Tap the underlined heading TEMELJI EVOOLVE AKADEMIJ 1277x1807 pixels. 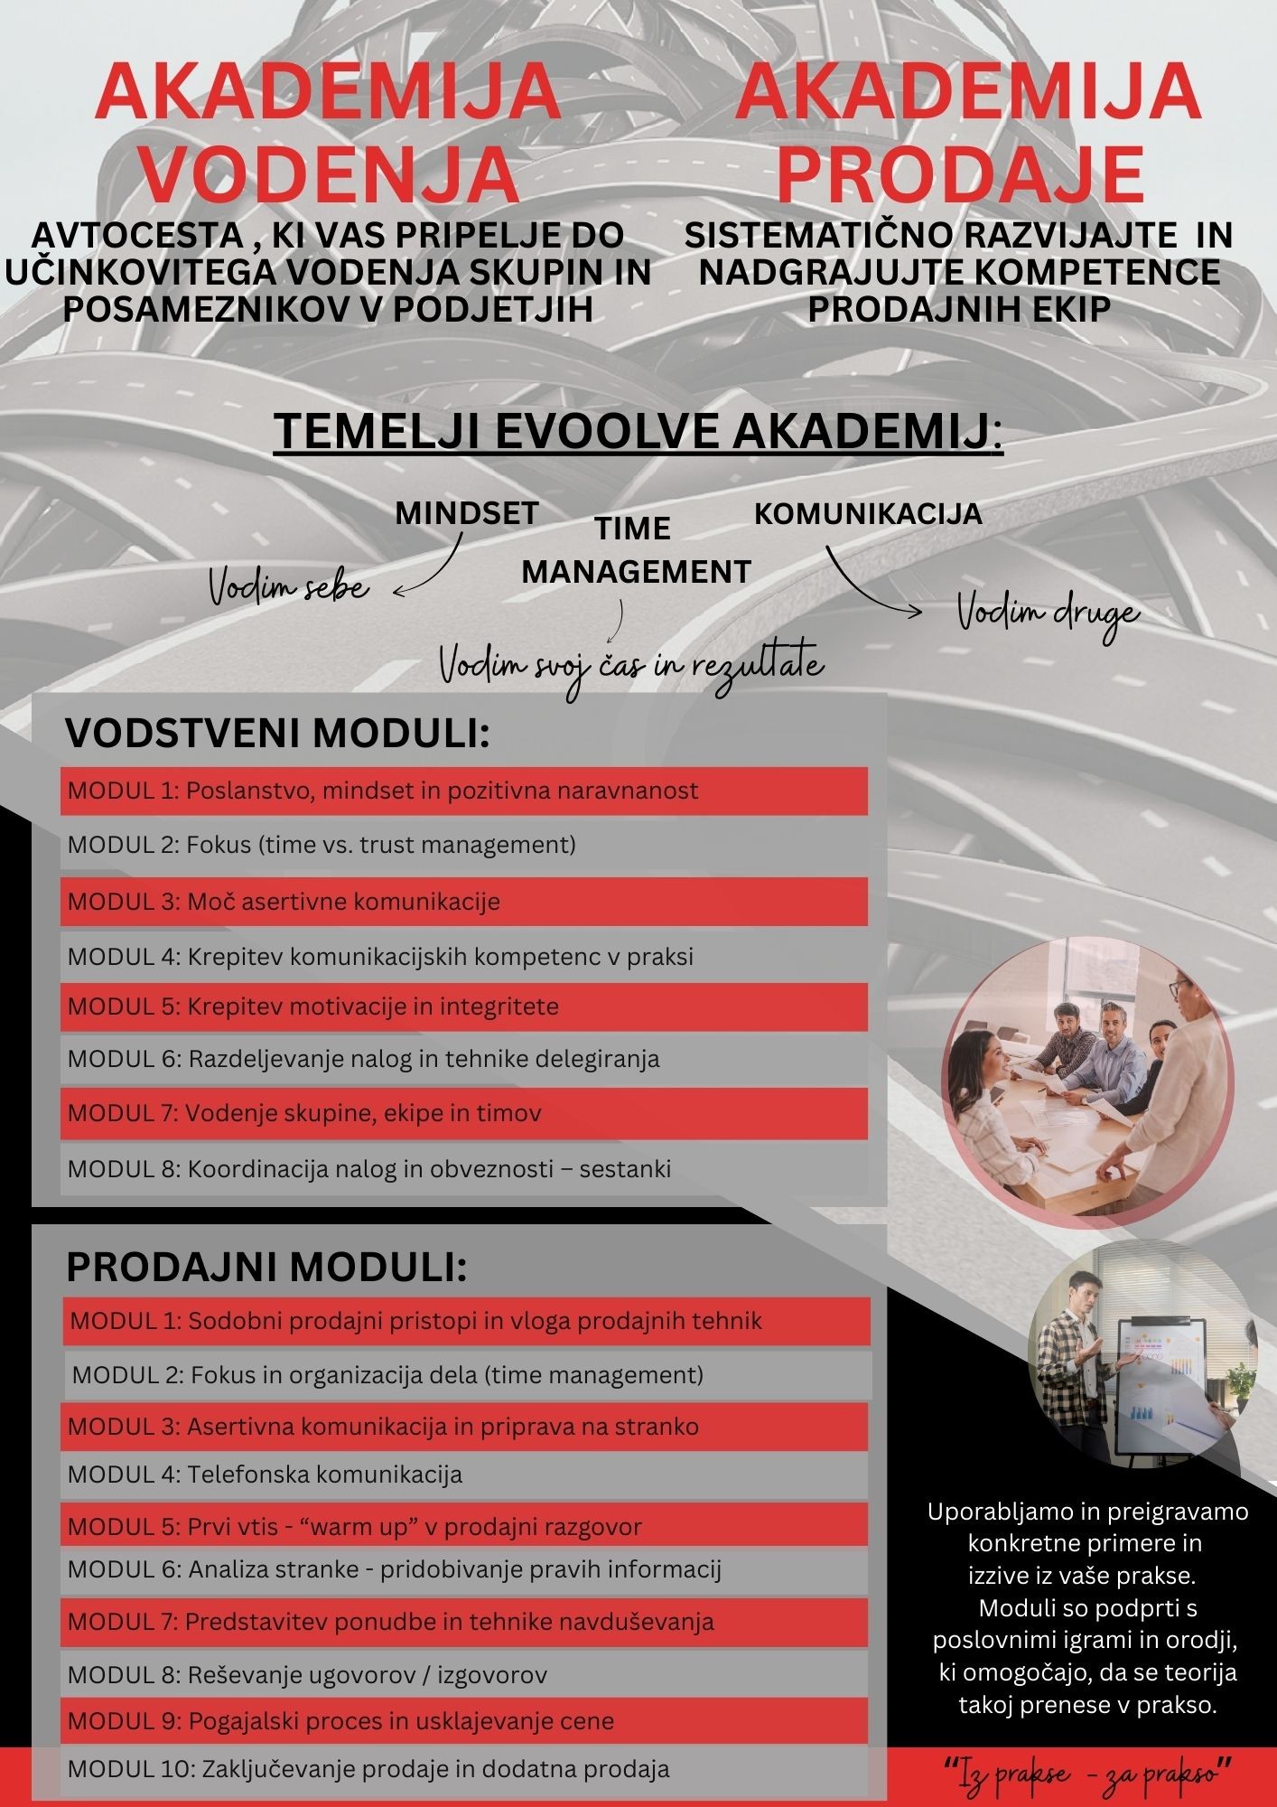tap(637, 432)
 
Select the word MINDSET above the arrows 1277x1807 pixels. tap(467, 513)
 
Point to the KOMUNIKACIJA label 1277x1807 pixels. tap(867, 513)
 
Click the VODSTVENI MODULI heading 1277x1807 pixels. tap(277, 735)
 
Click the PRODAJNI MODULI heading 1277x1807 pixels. tap(266, 1269)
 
